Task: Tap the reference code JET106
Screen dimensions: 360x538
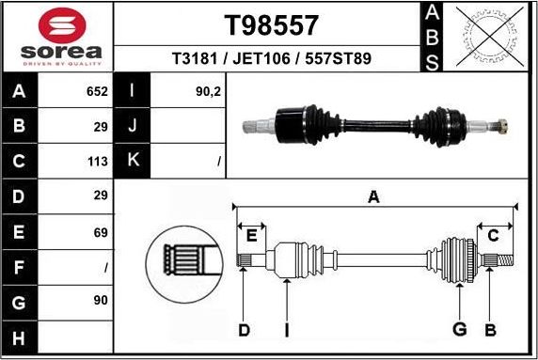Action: click(264, 59)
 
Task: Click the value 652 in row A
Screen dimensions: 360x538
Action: click(97, 91)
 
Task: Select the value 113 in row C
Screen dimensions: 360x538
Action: click(97, 161)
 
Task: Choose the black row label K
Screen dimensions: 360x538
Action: click(133, 161)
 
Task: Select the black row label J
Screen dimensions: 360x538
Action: click(133, 126)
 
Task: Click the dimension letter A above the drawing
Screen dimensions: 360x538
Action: click(373, 197)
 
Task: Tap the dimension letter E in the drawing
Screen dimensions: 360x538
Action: click(251, 236)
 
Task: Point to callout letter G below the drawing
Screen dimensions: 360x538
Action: click(460, 329)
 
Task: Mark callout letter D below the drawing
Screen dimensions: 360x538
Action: click(244, 329)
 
